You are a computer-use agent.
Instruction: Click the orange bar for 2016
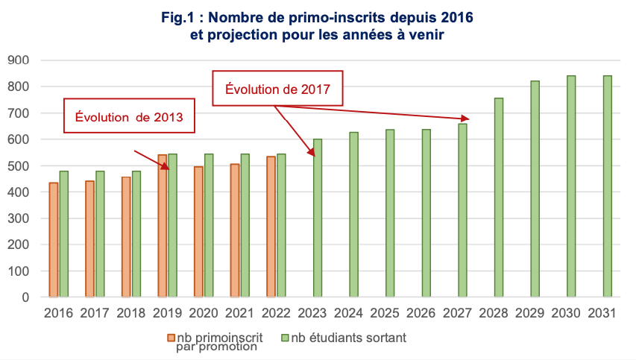(x=54, y=239)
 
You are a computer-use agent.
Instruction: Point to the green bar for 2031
(x=608, y=186)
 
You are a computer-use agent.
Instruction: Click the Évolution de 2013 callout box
(x=129, y=116)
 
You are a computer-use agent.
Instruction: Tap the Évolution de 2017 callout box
(x=277, y=89)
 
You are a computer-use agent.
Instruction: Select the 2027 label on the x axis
(x=457, y=313)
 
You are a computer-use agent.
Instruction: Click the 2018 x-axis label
(x=130, y=313)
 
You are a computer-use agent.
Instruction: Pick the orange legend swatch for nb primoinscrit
(x=171, y=338)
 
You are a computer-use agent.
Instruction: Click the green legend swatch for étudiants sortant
(x=284, y=338)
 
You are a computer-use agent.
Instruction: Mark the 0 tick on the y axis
(x=25, y=297)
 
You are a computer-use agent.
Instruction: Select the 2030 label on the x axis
(x=566, y=313)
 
